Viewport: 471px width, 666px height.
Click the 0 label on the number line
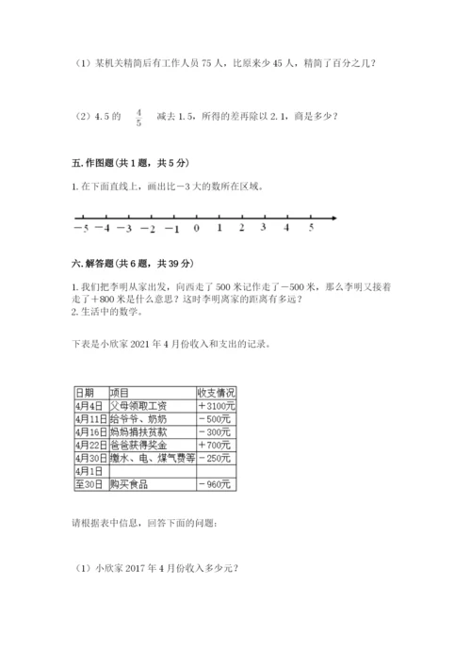tap(196, 229)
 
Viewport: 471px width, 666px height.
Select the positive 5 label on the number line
tap(311, 229)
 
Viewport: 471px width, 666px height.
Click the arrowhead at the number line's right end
tap(334, 219)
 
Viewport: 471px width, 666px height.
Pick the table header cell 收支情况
tap(216, 392)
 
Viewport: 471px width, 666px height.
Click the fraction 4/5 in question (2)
tap(138, 117)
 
